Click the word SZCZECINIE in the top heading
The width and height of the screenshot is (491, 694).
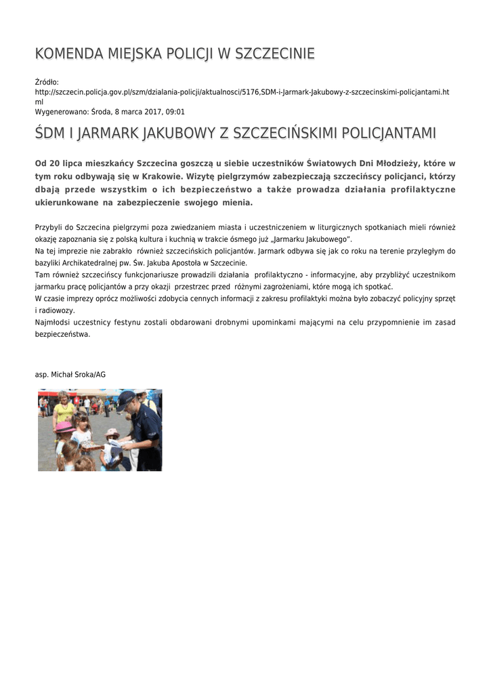[x=274, y=54]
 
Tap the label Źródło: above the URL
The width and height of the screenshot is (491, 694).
[x=47, y=82]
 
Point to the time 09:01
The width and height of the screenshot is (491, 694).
[x=175, y=112]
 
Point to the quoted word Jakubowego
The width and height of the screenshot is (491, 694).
[x=326, y=240]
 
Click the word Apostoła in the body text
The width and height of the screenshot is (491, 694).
[x=192, y=262]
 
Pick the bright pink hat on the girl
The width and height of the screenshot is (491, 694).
[x=65, y=428]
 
